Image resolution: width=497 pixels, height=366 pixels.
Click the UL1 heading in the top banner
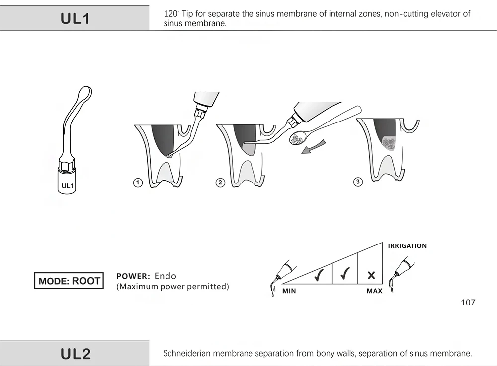(x=75, y=19)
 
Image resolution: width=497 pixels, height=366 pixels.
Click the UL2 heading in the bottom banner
(x=76, y=354)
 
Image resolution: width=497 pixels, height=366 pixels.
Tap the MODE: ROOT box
(x=69, y=281)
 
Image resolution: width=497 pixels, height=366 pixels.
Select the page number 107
(x=468, y=303)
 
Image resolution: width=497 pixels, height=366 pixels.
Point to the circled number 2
(x=220, y=183)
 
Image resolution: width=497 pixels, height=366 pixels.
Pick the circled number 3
(x=358, y=182)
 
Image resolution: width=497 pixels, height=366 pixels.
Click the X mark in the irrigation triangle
(x=371, y=275)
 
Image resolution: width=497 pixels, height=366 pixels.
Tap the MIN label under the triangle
(x=289, y=291)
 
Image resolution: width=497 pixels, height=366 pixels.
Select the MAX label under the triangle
(x=374, y=291)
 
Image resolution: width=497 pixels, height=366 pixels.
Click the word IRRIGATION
(x=407, y=246)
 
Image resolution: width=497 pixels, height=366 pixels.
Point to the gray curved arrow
(x=314, y=147)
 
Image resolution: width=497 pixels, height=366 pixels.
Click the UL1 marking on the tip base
(x=67, y=186)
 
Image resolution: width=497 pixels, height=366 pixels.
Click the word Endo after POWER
(x=165, y=276)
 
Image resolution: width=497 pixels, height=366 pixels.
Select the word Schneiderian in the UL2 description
(x=187, y=354)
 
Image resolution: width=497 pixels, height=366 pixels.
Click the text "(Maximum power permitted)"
(x=172, y=287)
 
